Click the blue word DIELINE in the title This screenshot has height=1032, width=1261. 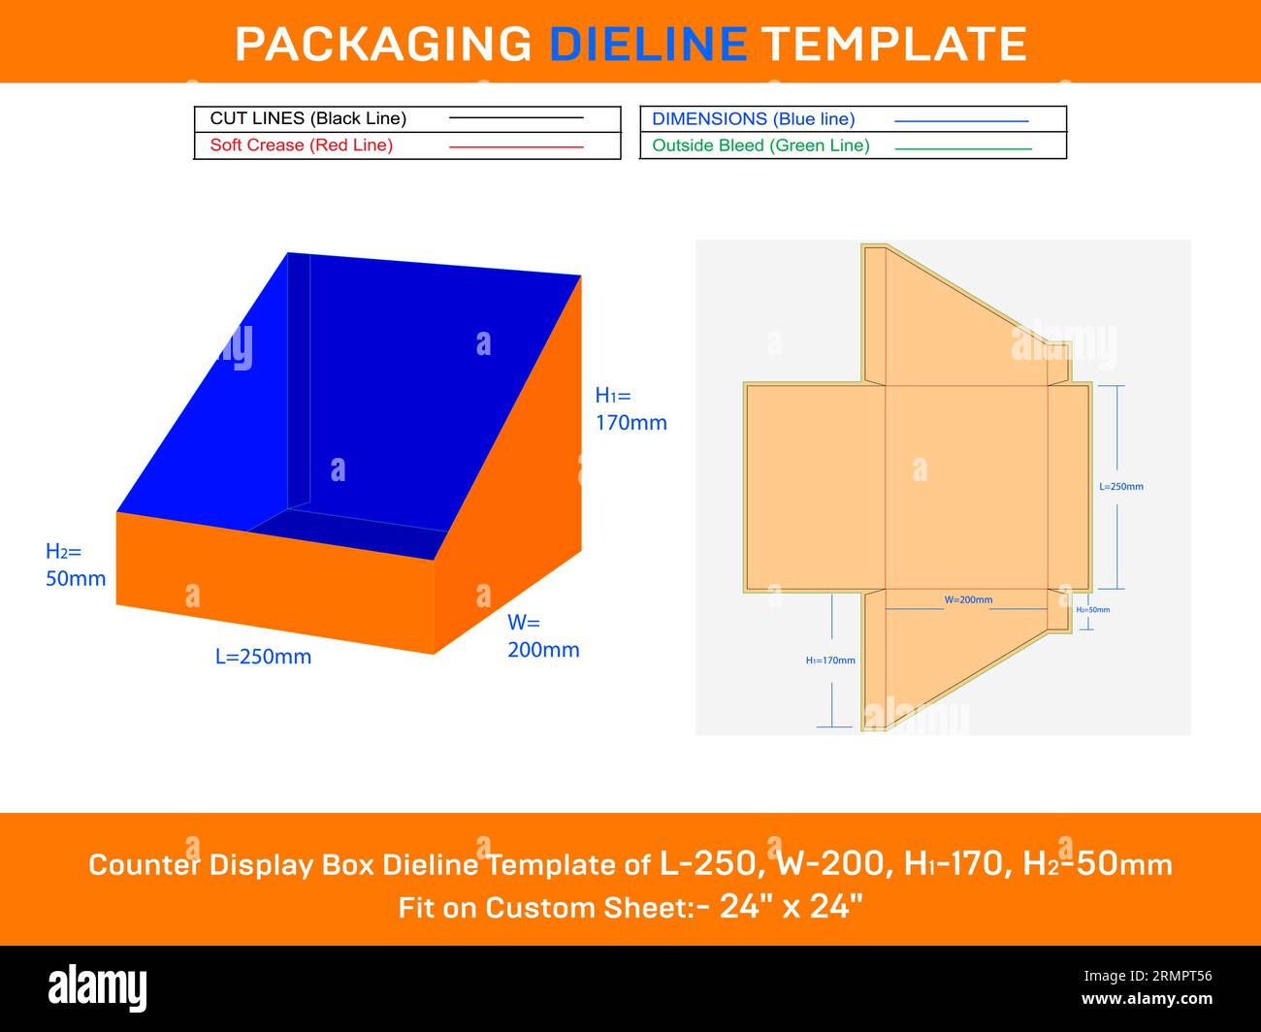coord(648,44)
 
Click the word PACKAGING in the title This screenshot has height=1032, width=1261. coord(383,44)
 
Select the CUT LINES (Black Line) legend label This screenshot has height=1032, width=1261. coord(307,118)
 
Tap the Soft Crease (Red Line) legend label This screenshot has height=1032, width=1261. coord(301,145)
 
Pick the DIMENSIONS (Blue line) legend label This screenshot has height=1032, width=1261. coord(753,119)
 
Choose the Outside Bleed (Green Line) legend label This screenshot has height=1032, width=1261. coord(760,145)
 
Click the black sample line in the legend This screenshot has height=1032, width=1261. coord(516,118)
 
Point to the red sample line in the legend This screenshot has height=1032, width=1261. coord(516,146)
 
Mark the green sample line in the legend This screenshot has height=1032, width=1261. coord(962,148)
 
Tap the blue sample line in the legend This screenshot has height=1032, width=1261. coord(960,121)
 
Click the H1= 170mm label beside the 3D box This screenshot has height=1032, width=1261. coord(630,408)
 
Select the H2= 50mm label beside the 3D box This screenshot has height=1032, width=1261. coord(76,564)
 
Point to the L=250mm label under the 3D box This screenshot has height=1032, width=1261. coord(263,657)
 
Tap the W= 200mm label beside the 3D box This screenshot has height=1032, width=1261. coord(543,635)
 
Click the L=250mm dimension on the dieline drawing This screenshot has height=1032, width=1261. coord(1120,487)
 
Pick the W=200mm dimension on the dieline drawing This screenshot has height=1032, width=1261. coord(968,600)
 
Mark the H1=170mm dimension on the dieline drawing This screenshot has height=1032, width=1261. coord(830,661)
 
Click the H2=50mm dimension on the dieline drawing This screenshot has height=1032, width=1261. coord(1092,610)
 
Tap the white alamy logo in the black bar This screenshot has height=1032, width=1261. coord(98,988)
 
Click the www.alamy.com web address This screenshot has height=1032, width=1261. coord(1147,999)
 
